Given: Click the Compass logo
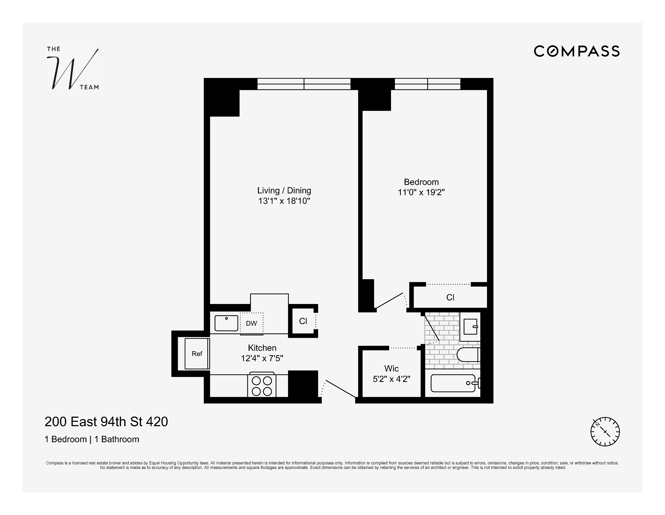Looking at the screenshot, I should [x=576, y=51].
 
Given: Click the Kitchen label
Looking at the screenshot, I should [x=262, y=348].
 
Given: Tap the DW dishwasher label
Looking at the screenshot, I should [x=251, y=323].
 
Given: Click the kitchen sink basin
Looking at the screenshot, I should [x=226, y=323].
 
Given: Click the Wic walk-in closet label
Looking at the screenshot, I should [x=391, y=369].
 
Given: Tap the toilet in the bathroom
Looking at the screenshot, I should [x=468, y=355].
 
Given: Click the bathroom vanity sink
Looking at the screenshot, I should [x=471, y=326].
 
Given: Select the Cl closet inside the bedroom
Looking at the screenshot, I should [x=450, y=297].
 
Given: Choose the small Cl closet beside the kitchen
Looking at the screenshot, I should [x=303, y=321].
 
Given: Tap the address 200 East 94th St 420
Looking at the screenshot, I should [x=106, y=422].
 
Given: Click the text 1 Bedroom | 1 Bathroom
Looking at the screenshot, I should [x=92, y=439].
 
